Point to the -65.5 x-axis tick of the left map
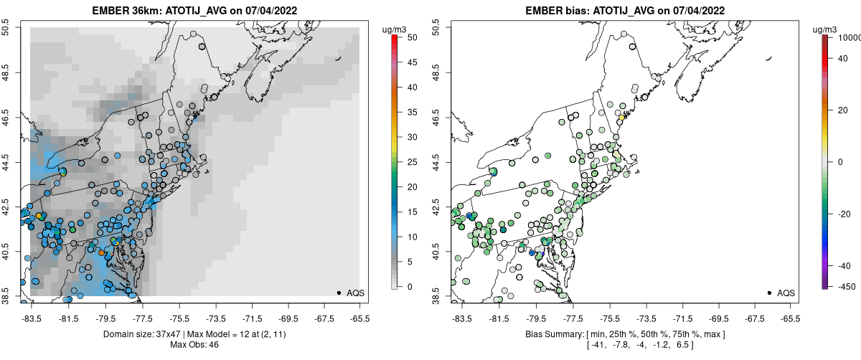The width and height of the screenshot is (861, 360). tap(359, 317)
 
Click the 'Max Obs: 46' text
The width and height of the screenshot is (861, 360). tap(194, 345)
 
